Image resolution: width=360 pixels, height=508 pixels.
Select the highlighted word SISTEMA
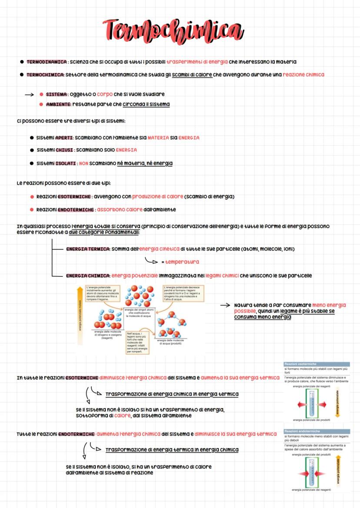pyautogui.click(x=57, y=94)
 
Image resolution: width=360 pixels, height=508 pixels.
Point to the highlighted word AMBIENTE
pyautogui.click(x=58, y=104)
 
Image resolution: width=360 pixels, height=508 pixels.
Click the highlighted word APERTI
pyautogui.click(x=64, y=138)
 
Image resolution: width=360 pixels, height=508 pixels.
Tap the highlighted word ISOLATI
pyautogui.click(x=65, y=163)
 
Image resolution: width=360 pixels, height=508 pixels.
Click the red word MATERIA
pyautogui.click(x=158, y=138)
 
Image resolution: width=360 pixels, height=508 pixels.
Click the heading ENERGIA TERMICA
pyautogui.click(x=88, y=249)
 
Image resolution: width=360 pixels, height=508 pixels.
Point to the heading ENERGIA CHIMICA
pyautogui.click(x=88, y=276)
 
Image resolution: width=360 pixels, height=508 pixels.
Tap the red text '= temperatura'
pyautogui.click(x=180, y=262)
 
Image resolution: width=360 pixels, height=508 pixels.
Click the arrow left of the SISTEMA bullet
pyautogui.click(x=29, y=94)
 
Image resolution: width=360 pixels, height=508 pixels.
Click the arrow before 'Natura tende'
pyautogui.click(x=224, y=305)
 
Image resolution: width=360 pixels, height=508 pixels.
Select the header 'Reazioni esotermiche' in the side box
pyautogui.click(x=300, y=364)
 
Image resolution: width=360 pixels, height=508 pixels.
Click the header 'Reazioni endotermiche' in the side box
pyautogui.click(x=301, y=431)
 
